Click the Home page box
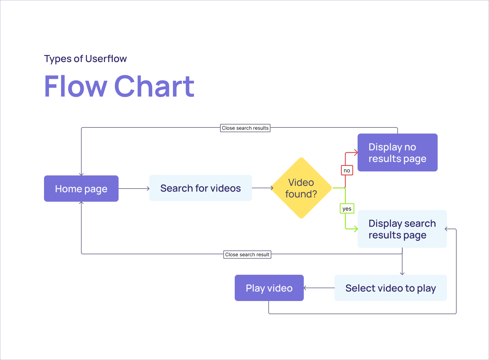pyautogui.click(x=81, y=189)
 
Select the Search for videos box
pyautogui.click(x=200, y=188)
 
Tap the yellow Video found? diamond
pyautogui.click(x=301, y=188)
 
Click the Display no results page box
pyautogui.click(x=397, y=152)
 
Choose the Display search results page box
pyautogui.click(x=402, y=229)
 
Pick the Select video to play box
pyautogui.click(x=390, y=288)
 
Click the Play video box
pyautogui.click(x=269, y=288)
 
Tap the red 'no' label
pyautogui.click(x=347, y=171)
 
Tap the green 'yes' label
pyautogui.click(x=347, y=209)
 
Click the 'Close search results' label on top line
pyautogui.click(x=245, y=128)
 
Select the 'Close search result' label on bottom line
pyautogui.click(x=247, y=255)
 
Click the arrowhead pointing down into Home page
pyautogui.click(x=81, y=174)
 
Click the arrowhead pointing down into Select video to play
pyautogui.click(x=402, y=273)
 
